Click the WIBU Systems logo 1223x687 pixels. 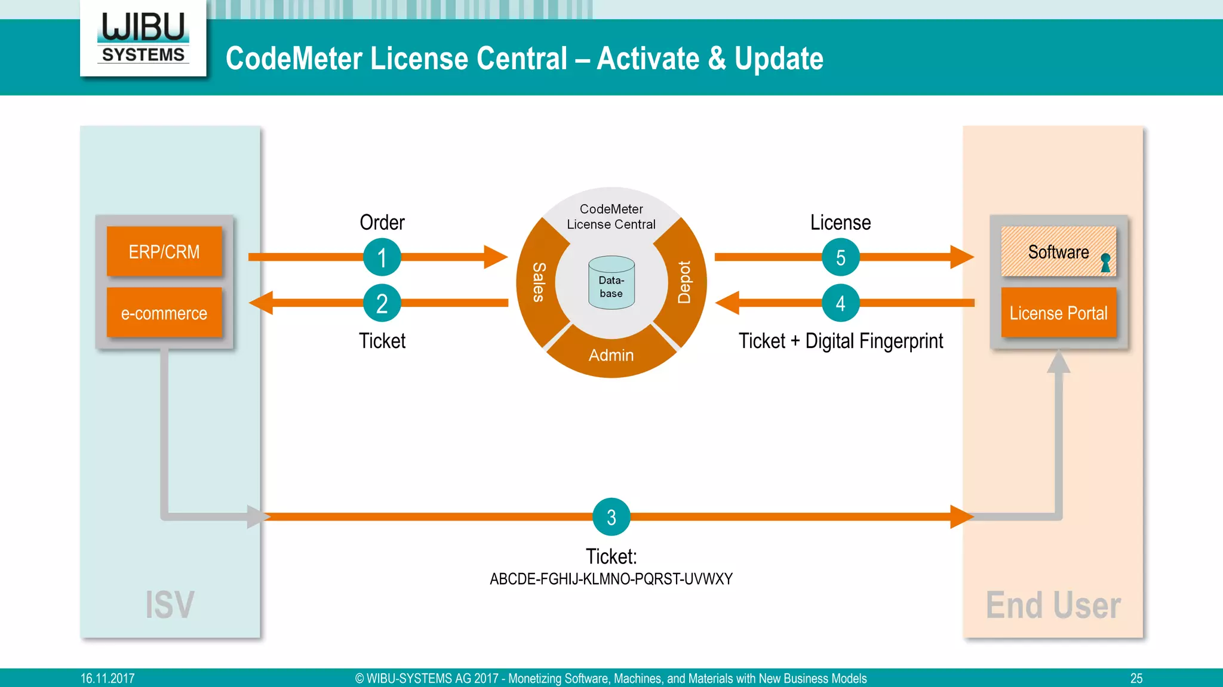[x=143, y=38]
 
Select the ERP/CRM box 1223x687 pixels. [x=164, y=252]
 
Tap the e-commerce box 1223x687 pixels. [x=164, y=313]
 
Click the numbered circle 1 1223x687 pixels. [x=382, y=257]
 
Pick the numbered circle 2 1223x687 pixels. [x=382, y=303]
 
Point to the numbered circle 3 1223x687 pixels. [x=611, y=517]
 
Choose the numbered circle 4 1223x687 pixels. [x=840, y=303]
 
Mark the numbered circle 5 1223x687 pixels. [x=840, y=257]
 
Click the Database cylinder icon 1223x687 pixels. [x=611, y=284]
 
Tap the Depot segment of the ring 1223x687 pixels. [x=685, y=282]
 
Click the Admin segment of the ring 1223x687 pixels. [x=611, y=355]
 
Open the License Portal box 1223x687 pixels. [x=1058, y=313]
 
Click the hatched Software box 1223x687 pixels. [x=1051, y=252]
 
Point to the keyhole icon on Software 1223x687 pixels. [x=1105, y=263]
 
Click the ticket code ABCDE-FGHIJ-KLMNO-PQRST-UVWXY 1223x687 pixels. [x=611, y=579]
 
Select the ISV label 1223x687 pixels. [x=170, y=605]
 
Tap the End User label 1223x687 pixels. [x=1053, y=605]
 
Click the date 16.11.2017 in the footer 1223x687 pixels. [x=107, y=679]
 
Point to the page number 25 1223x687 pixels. [x=1136, y=679]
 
